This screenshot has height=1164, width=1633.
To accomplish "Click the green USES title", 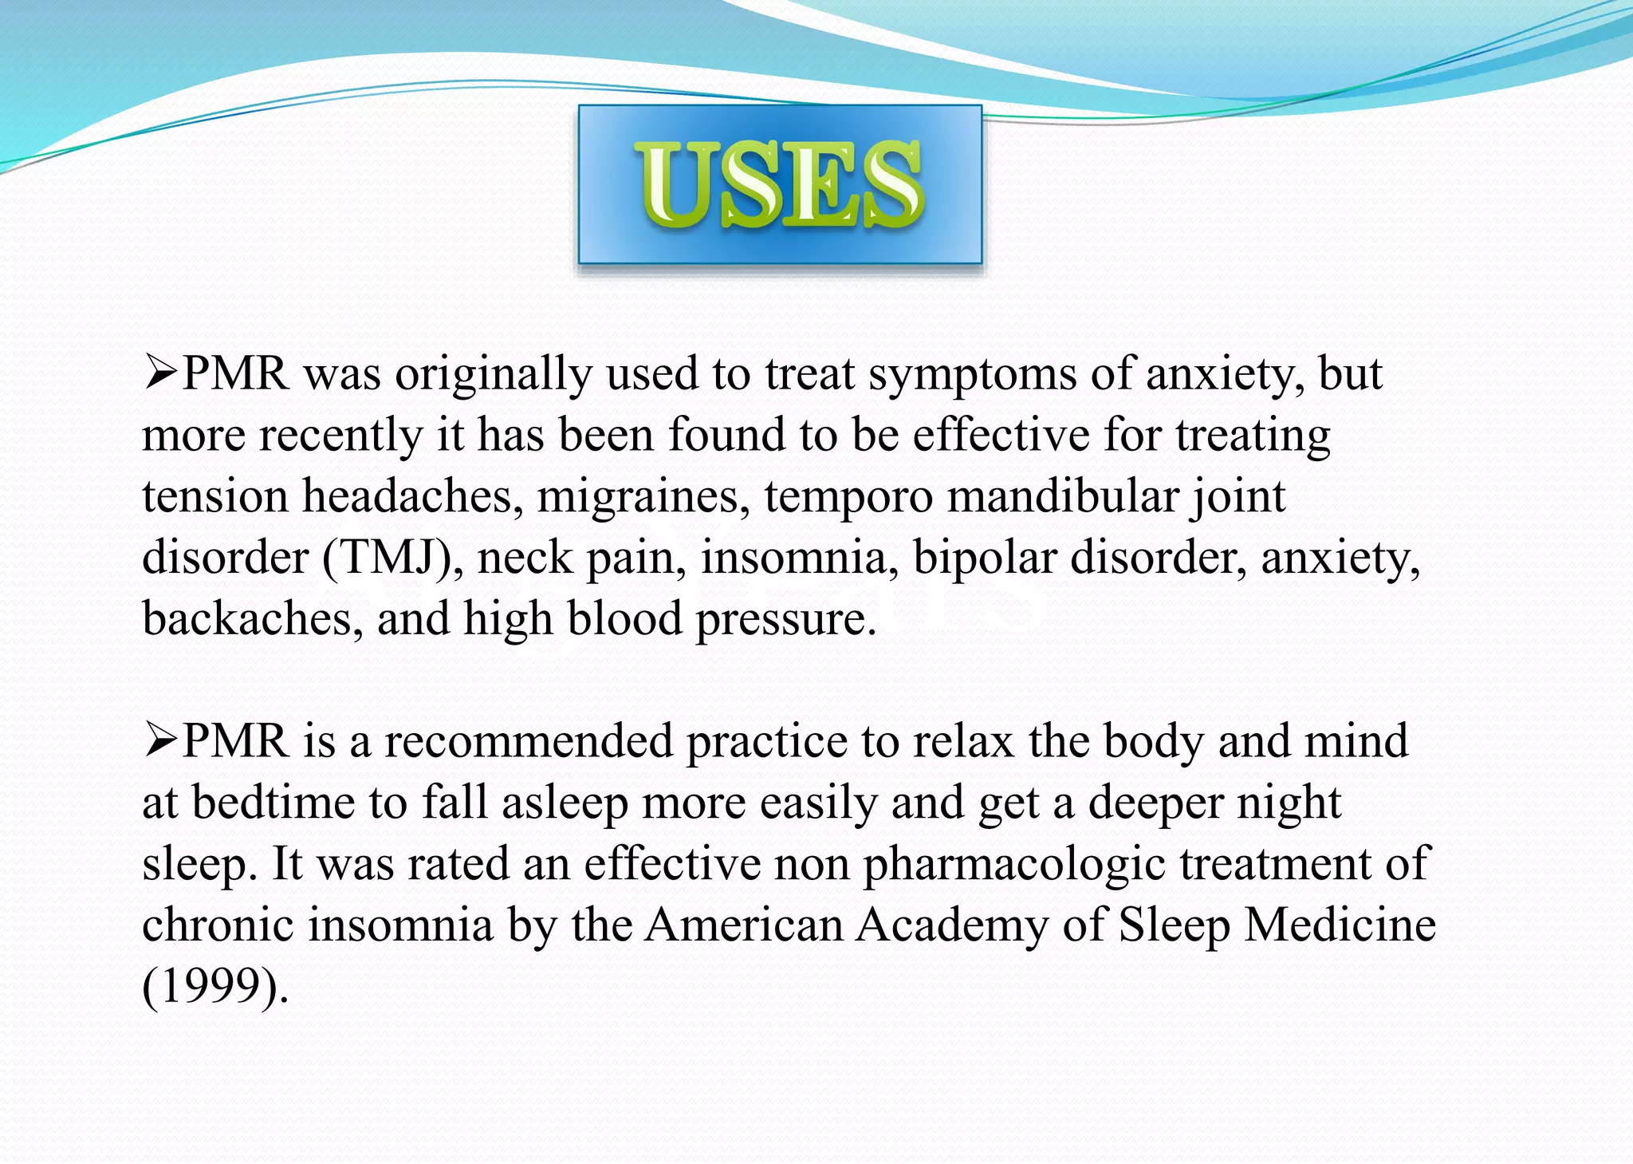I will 780,184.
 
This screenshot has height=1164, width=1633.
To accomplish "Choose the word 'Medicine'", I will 1340,925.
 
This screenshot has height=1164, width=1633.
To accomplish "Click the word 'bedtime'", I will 273,802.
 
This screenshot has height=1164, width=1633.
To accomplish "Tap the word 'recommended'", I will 529,741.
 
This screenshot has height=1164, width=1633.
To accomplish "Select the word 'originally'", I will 494,374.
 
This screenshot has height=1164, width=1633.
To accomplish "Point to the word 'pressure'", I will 785,620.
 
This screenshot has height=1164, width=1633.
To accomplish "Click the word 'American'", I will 745,925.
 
